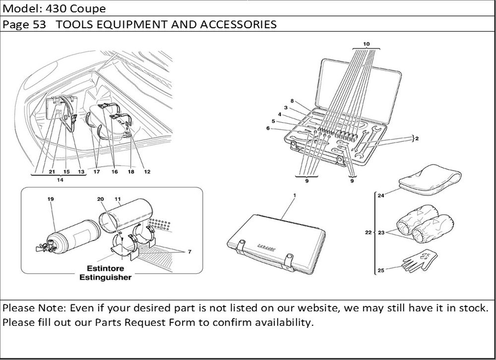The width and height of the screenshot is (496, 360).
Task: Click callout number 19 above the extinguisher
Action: [x=51, y=198]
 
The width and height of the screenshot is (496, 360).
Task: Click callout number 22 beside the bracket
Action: [x=368, y=232]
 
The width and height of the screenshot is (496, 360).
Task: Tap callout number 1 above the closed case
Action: [x=294, y=195]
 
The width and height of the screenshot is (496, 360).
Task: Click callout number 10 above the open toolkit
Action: [x=366, y=44]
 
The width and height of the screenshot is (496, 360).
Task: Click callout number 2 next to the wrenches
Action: [x=417, y=139]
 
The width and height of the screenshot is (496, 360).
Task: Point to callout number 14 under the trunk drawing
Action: [x=60, y=180]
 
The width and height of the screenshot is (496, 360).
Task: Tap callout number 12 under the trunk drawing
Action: [x=147, y=172]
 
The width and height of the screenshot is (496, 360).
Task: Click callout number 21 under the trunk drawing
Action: [x=51, y=172]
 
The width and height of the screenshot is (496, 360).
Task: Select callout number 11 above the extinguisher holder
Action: [x=118, y=198]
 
